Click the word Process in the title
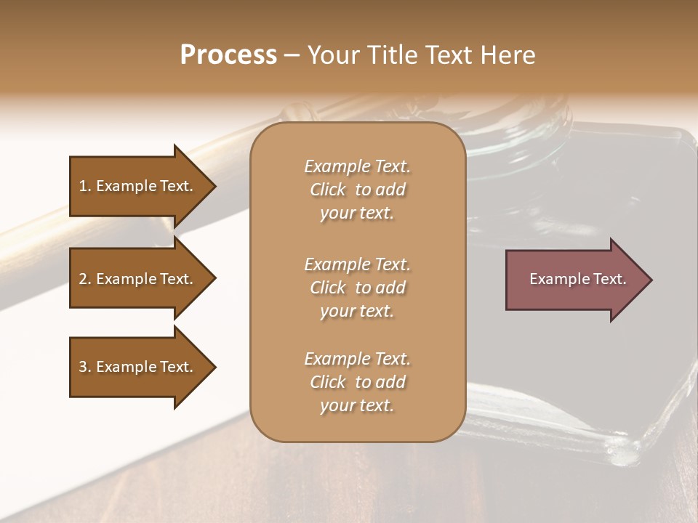(x=228, y=55)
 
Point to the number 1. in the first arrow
(x=85, y=186)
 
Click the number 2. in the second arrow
(x=85, y=279)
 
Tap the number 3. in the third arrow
(x=85, y=367)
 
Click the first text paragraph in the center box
(x=357, y=190)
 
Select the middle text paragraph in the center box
(x=357, y=288)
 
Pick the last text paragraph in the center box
(x=357, y=382)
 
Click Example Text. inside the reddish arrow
(x=577, y=279)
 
